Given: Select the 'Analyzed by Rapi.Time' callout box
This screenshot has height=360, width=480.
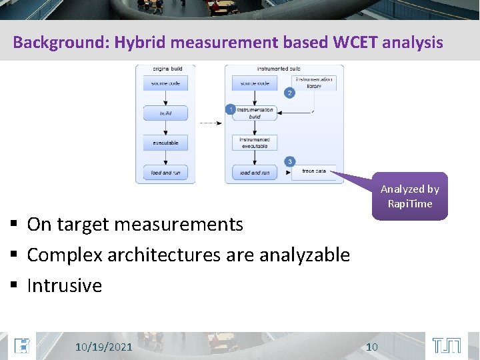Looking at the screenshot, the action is point(409,197).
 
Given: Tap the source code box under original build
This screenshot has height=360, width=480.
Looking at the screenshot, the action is point(165,83).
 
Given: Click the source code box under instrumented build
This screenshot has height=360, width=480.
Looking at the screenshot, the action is point(254,83).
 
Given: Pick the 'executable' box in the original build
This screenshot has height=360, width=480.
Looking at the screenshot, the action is point(165,142).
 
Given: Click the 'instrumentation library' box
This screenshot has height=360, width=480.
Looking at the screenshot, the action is point(313,83).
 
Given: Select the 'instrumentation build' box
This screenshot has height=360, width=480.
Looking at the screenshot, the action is point(255,113).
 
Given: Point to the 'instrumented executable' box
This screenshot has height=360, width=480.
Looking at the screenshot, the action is point(254,143).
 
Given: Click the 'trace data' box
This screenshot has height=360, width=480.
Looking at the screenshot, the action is point(313,171).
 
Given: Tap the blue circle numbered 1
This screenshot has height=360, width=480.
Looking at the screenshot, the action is point(230,109).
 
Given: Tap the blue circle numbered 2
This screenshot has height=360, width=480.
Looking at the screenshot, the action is point(289,93).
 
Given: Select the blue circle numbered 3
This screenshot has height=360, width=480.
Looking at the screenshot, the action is point(289,161).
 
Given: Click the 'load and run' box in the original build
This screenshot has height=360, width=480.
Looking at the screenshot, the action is point(165,172).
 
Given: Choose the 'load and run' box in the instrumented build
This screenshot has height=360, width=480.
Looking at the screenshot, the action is point(254,172).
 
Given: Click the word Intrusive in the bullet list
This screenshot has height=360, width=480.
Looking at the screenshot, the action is point(65,286).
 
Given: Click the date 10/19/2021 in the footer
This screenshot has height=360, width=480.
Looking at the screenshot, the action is point(103,347).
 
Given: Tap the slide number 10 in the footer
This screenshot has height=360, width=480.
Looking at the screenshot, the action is point(372,347).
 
